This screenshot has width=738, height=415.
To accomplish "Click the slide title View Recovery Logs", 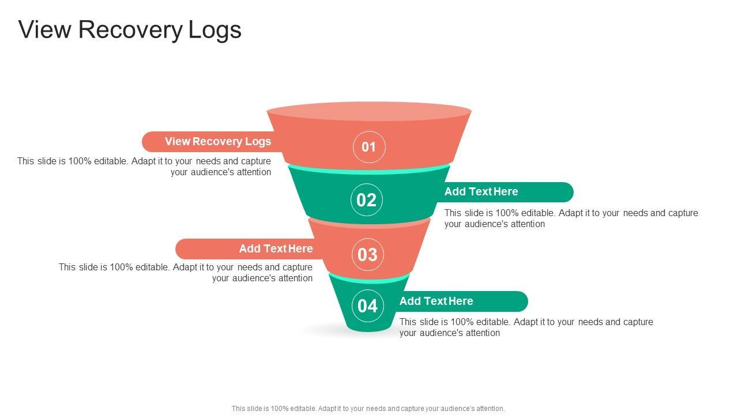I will (130, 29).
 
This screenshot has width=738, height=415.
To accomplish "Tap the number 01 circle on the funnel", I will (368, 147).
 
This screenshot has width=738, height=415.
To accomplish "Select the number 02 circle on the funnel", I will (367, 200).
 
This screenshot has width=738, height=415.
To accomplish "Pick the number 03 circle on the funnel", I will (367, 254).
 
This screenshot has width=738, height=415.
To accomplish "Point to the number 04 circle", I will (368, 305).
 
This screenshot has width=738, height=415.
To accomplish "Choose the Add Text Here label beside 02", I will (481, 192).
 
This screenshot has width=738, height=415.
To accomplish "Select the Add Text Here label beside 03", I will (276, 249).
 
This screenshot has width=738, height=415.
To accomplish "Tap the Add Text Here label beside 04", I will (436, 301).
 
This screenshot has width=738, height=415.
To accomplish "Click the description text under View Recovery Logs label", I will (144, 167).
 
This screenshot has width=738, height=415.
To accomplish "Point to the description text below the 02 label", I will (571, 218).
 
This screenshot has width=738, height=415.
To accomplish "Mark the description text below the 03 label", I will (186, 273).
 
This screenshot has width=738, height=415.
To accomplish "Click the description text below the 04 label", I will (526, 327).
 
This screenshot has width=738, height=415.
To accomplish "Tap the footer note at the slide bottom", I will (368, 409).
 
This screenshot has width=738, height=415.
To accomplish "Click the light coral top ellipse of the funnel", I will (369, 111).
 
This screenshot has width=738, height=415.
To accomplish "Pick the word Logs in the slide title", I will (215, 29).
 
